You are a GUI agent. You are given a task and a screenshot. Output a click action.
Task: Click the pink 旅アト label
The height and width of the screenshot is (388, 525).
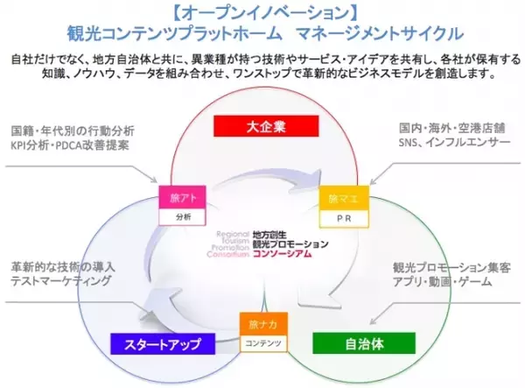[x=181, y=197]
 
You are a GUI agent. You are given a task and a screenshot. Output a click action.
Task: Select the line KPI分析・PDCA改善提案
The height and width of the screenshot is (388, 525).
[x=71, y=145]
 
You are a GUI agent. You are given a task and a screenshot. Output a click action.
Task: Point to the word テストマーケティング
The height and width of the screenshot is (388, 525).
[x=62, y=281]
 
